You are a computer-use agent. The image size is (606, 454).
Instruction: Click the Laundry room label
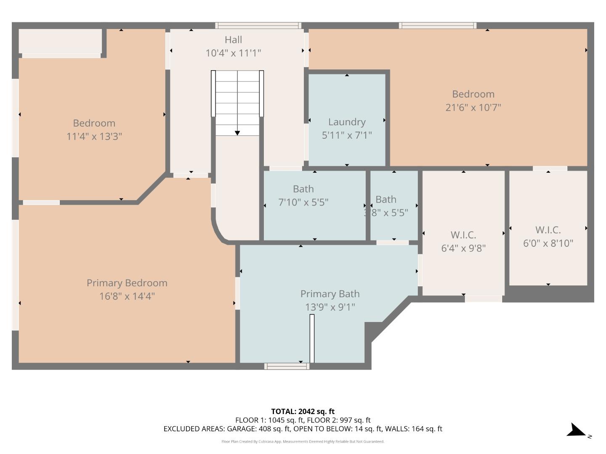pyautogui.click(x=347, y=122)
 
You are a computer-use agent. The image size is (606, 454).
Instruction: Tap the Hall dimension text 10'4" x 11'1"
pyautogui.click(x=233, y=53)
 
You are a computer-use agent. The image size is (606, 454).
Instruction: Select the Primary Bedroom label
pyautogui.click(x=127, y=283)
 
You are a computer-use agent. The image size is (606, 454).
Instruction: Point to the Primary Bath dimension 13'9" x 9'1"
pyautogui.click(x=330, y=307)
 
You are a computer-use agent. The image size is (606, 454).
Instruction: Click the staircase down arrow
pyautogui.click(x=237, y=132)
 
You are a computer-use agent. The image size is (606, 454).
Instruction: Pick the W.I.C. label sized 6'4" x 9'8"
pyautogui.click(x=463, y=235)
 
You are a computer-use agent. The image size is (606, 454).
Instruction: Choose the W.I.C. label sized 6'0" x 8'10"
pyautogui.click(x=548, y=230)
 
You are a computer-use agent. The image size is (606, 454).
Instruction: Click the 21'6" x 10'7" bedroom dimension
pyautogui.click(x=473, y=107)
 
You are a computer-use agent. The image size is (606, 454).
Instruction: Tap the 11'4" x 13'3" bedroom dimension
pyautogui.click(x=94, y=136)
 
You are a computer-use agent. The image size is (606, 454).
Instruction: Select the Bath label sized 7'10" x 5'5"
pyautogui.click(x=303, y=189)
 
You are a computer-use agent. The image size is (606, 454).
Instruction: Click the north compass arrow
pyautogui.click(x=576, y=431)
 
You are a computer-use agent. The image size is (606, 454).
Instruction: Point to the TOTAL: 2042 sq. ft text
pyautogui.click(x=303, y=412)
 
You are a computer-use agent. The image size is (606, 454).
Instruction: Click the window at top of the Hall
pyautogui.click(x=258, y=26)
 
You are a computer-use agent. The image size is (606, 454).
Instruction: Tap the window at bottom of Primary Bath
pyautogui.click(x=287, y=366)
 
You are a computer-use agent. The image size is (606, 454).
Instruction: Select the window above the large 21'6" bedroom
pyautogui.click(x=438, y=26)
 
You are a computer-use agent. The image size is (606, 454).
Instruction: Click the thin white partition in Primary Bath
pyautogui.click(x=312, y=338)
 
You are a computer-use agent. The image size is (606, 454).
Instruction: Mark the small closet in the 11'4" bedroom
pyautogui.click(x=60, y=41)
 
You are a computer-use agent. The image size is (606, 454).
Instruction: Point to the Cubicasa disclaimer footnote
pyautogui.click(x=303, y=441)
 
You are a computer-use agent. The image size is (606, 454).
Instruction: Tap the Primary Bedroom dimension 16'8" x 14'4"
pyautogui.click(x=127, y=296)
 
